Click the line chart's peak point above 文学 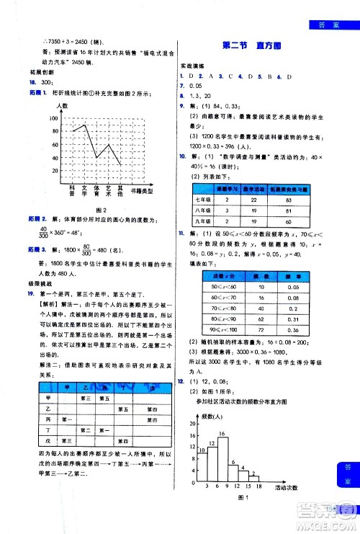(86, 124)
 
